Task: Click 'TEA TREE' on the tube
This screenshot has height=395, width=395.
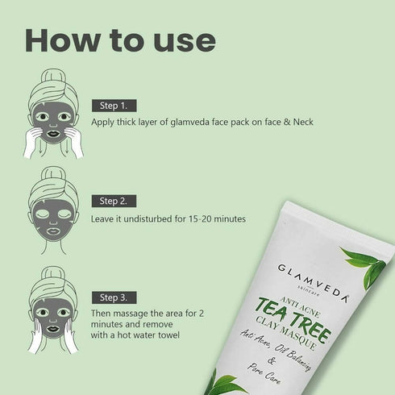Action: pyautogui.click(x=301, y=310)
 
